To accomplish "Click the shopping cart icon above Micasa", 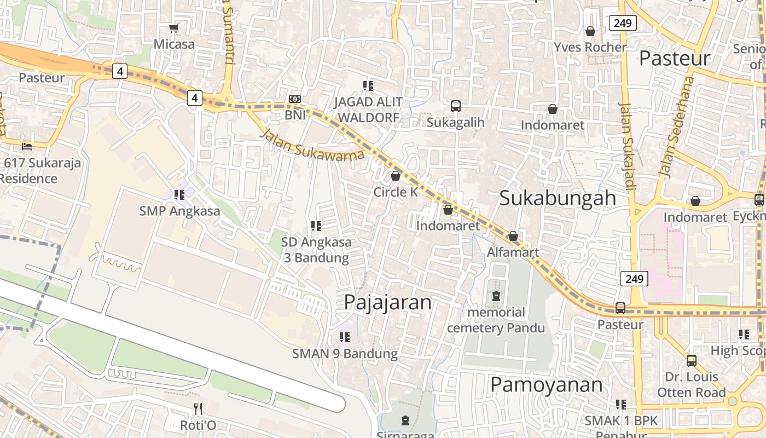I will tap(174, 28).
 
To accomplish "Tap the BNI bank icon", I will tap(295, 99).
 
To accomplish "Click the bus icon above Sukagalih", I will tap(456, 106).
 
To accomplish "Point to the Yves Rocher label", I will tap(590, 47).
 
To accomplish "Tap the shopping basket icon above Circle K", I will tap(396, 176).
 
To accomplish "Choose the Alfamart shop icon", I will tap(513, 237).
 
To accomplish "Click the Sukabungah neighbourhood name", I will tap(558, 198).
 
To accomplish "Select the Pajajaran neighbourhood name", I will tap(388, 302).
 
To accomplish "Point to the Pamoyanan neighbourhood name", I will tap(546, 385).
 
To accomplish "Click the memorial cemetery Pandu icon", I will tap(496, 296).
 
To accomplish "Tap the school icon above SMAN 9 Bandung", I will tap(344, 337).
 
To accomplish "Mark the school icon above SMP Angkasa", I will tap(179, 194).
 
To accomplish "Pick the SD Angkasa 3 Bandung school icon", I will tap(316, 226).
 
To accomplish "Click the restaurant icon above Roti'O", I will tap(198, 408).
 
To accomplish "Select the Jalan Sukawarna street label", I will tap(312, 145).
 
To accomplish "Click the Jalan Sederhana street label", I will tap(676, 127).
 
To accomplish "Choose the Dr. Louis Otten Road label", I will tap(691, 385).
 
